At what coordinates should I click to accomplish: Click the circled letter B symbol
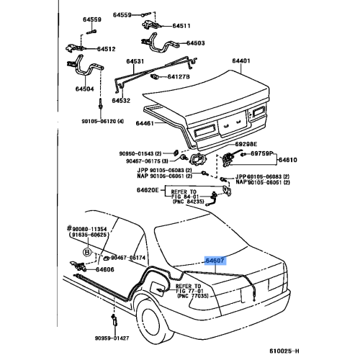tap(87, 253)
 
